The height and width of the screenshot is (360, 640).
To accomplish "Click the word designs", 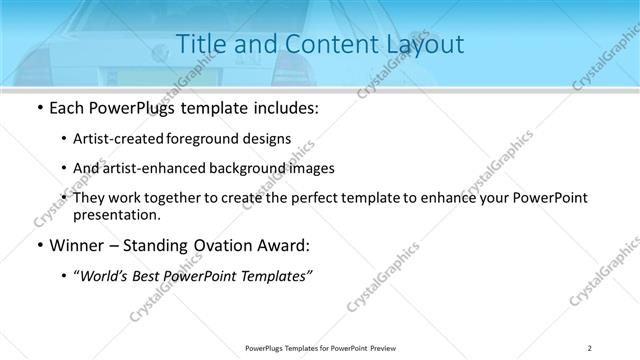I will [270, 139].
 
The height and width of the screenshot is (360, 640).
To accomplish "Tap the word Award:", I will [287, 244].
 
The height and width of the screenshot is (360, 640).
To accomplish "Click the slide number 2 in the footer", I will [590, 347].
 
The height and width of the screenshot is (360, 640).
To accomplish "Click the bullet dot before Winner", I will [38, 244].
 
